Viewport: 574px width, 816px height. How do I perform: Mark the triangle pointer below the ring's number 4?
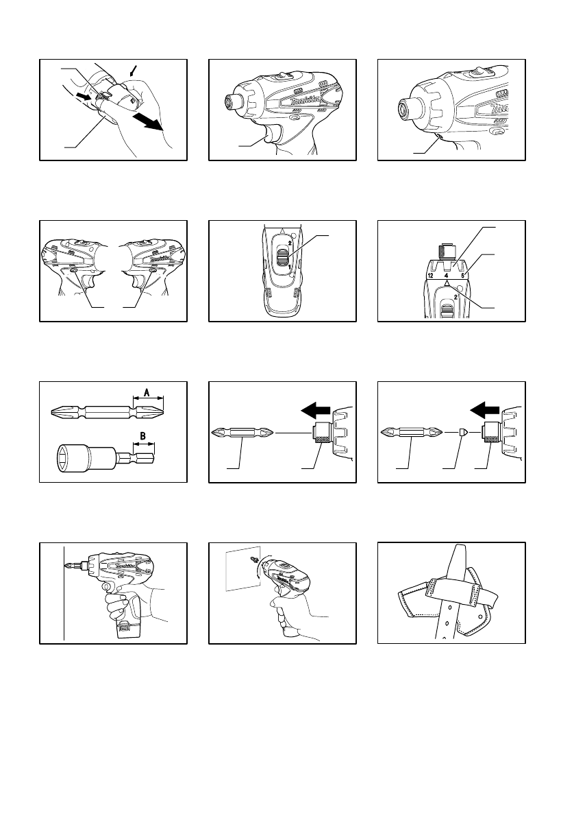pos(447,283)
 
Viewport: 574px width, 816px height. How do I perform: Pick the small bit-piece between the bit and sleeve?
pos(462,433)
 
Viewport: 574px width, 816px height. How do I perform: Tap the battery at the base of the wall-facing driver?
pos(123,629)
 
